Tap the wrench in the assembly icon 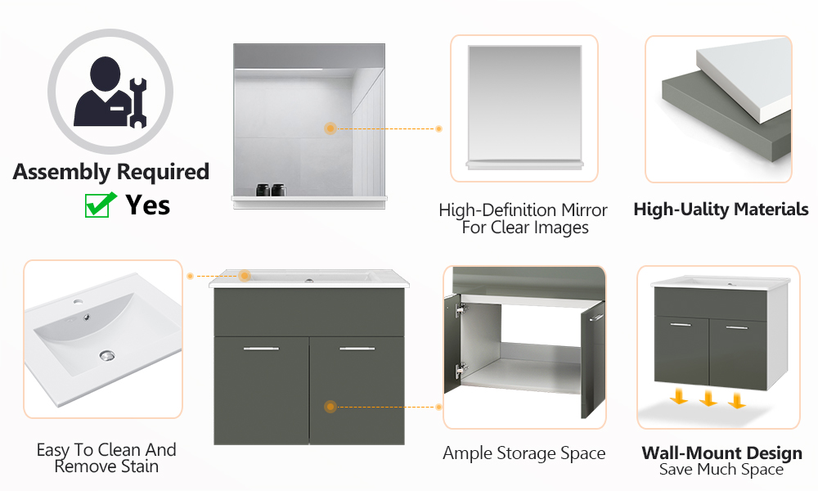[x=137, y=103]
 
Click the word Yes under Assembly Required [x=147, y=205]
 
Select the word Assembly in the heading [x=61, y=173]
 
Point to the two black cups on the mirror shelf [x=271, y=189]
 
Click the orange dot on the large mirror [x=330, y=128]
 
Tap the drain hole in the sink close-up [x=107, y=356]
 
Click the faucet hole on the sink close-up [x=79, y=302]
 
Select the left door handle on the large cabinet [x=262, y=349]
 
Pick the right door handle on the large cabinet [x=357, y=349]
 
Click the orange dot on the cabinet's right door [x=330, y=407]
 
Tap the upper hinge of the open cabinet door [x=460, y=310]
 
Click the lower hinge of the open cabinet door [x=460, y=371]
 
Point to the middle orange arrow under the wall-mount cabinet [x=708, y=399]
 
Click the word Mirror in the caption [x=584, y=210]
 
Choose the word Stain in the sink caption [x=139, y=466]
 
